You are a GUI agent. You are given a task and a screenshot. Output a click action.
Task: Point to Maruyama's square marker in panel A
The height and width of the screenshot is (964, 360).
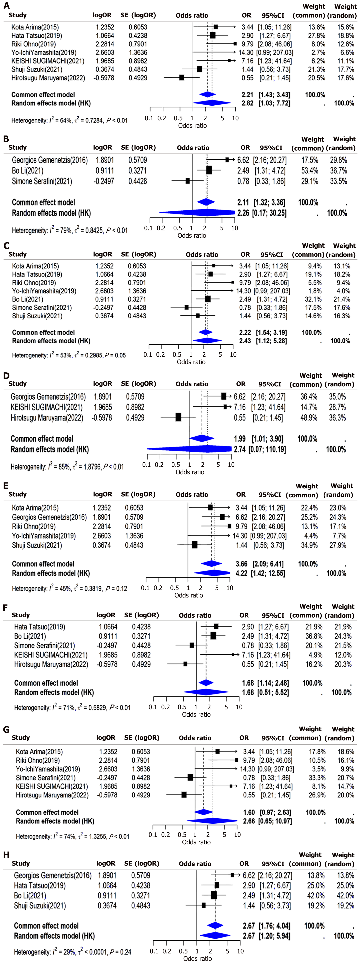(181, 77)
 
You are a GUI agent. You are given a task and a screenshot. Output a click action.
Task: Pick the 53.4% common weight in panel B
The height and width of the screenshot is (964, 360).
(310, 171)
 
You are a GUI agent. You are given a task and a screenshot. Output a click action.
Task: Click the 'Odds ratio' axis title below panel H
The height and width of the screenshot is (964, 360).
(197, 958)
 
